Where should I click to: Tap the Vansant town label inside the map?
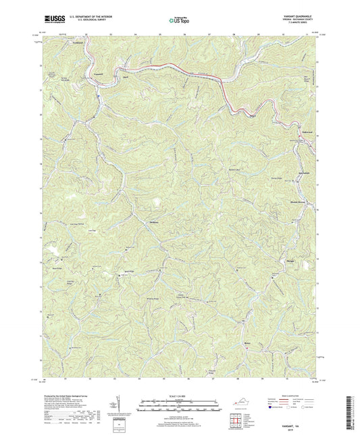point(99,73)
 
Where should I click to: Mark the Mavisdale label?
point(303,174)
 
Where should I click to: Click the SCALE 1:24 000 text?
point(179,394)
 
